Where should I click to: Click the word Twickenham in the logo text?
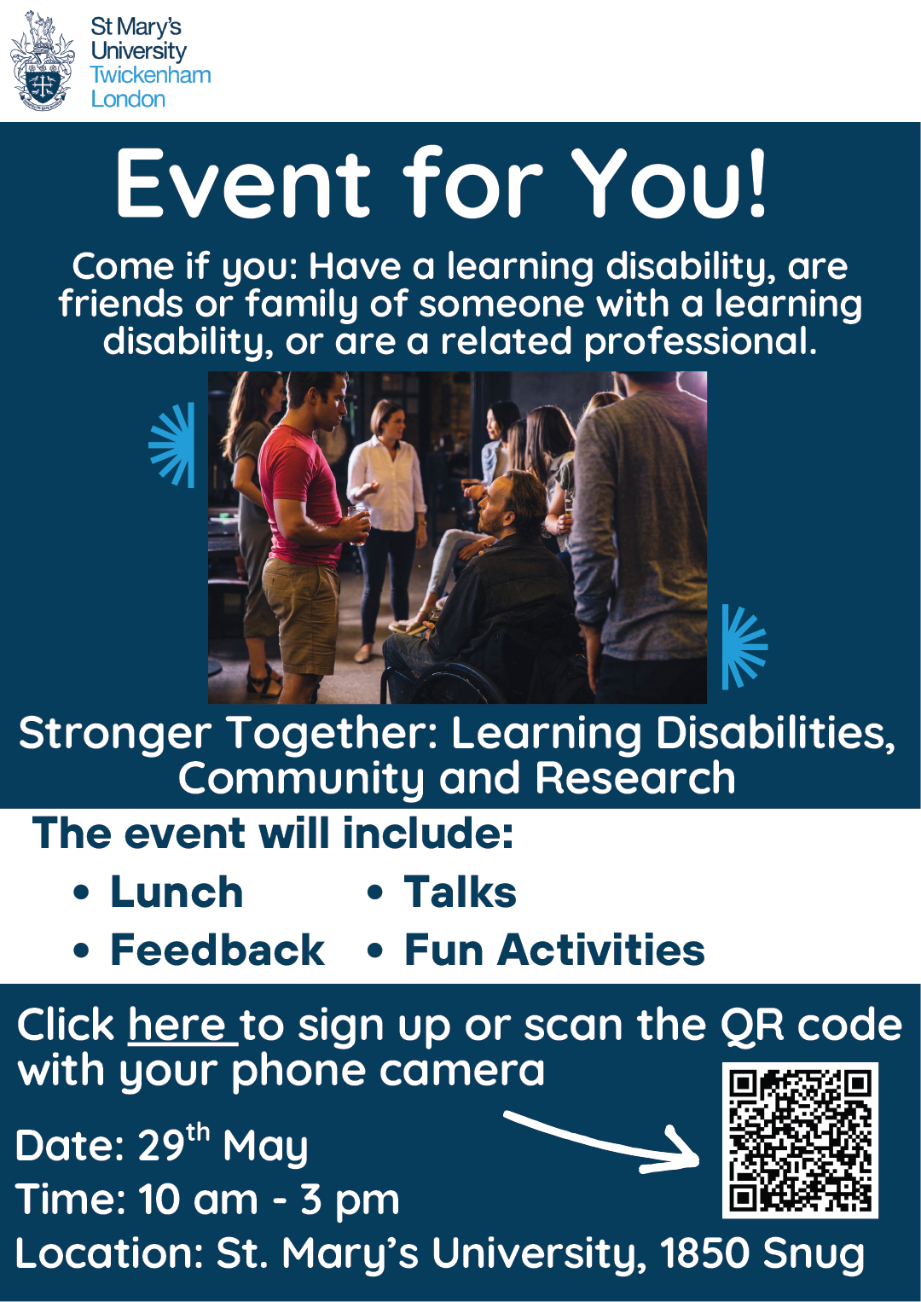[151, 75]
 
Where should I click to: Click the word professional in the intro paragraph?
[699, 341]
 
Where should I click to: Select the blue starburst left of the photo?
[174, 445]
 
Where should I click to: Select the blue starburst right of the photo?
[742, 647]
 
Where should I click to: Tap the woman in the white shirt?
[389, 486]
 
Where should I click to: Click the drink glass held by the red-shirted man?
[358, 522]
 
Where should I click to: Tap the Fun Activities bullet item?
[554, 950]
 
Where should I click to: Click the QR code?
[800, 1140]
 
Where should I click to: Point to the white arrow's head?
[682, 1152]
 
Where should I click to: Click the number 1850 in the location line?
[704, 1253]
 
